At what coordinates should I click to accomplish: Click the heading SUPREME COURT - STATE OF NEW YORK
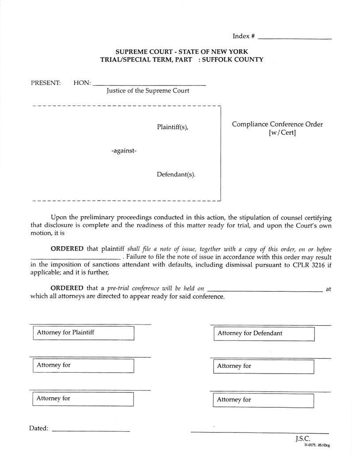coord(182,51)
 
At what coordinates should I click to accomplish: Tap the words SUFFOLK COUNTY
coord(233,59)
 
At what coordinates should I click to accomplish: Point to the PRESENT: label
coord(46,83)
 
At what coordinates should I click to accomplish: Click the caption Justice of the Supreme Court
coord(148,91)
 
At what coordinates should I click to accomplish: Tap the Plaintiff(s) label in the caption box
coord(172,127)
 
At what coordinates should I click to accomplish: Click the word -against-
coord(124,151)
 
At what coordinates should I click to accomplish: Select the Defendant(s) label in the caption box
coord(176,174)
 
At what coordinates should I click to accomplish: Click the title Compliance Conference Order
coord(277,124)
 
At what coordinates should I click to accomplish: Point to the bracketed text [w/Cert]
coord(282,133)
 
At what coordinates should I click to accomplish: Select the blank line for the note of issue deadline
coord(75,257)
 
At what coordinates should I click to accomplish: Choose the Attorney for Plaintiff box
coord(84,333)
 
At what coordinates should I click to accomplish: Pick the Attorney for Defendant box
coord(264,334)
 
